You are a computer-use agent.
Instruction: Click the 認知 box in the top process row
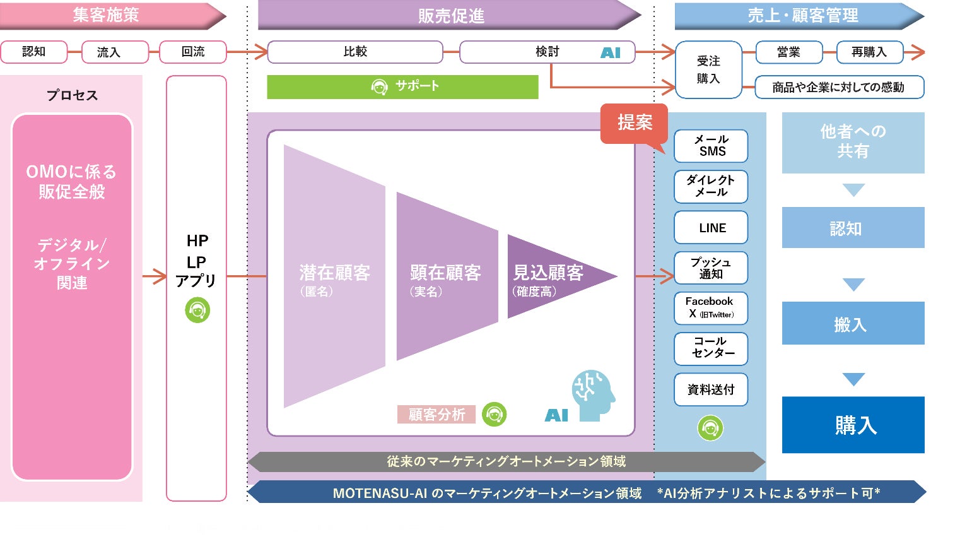(x=34, y=52)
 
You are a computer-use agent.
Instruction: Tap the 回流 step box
(x=192, y=52)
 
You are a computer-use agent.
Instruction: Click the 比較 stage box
(x=355, y=52)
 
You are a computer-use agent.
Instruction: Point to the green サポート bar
(x=402, y=87)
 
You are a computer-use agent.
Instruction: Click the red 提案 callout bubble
(x=634, y=123)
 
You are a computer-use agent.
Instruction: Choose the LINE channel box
(x=711, y=228)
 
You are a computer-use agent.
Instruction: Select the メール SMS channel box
(x=711, y=146)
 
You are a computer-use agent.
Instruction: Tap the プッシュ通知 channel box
(x=711, y=268)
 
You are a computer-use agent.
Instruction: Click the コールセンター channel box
(x=711, y=348)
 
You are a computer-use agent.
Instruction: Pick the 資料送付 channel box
(x=711, y=389)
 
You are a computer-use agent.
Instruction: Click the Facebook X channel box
(x=711, y=308)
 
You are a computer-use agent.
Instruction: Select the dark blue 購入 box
(x=853, y=425)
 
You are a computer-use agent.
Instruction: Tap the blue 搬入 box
(x=853, y=323)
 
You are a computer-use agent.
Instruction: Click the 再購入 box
(x=869, y=52)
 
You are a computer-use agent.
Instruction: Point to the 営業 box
(x=788, y=52)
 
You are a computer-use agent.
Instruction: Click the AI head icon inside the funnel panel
(x=593, y=395)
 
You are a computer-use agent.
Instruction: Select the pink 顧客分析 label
(x=436, y=415)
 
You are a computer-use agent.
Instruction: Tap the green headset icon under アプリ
(x=197, y=310)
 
